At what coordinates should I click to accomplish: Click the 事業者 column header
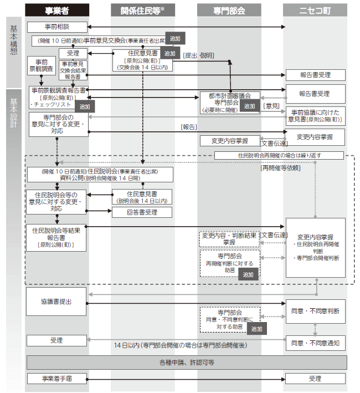[x=56, y=10]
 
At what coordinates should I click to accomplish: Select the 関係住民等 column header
[x=143, y=10]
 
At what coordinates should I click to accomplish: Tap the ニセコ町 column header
[x=315, y=10]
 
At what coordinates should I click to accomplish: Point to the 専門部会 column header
[x=229, y=10]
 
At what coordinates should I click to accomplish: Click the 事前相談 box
[x=56, y=27]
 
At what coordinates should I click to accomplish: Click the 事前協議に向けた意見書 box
[x=315, y=115]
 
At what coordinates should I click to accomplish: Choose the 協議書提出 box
[x=56, y=303]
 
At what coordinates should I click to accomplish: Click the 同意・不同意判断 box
[x=315, y=311]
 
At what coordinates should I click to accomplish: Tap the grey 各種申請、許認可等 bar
[x=186, y=363]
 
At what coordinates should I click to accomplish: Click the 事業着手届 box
[x=56, y=379]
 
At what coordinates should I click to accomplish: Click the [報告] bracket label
[x=188, y=127]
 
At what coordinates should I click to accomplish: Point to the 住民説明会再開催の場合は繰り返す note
[x=279, y=155]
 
